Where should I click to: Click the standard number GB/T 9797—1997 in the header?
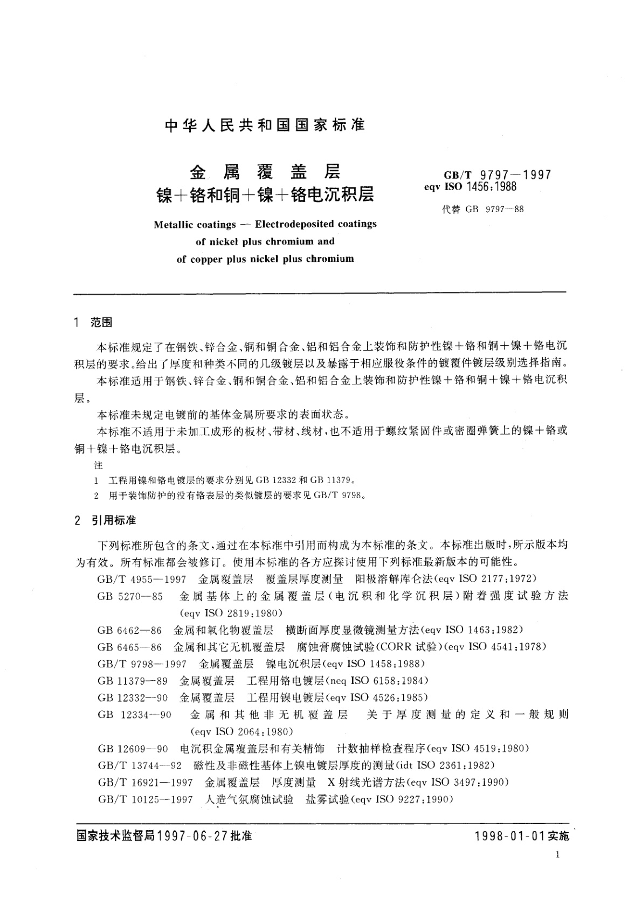497,175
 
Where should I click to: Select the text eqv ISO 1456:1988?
470,187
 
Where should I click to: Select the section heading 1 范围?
94,323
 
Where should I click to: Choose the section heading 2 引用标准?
106,521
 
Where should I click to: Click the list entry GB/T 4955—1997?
142,579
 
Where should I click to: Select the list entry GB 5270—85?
130,596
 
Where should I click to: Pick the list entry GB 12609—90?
133,749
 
